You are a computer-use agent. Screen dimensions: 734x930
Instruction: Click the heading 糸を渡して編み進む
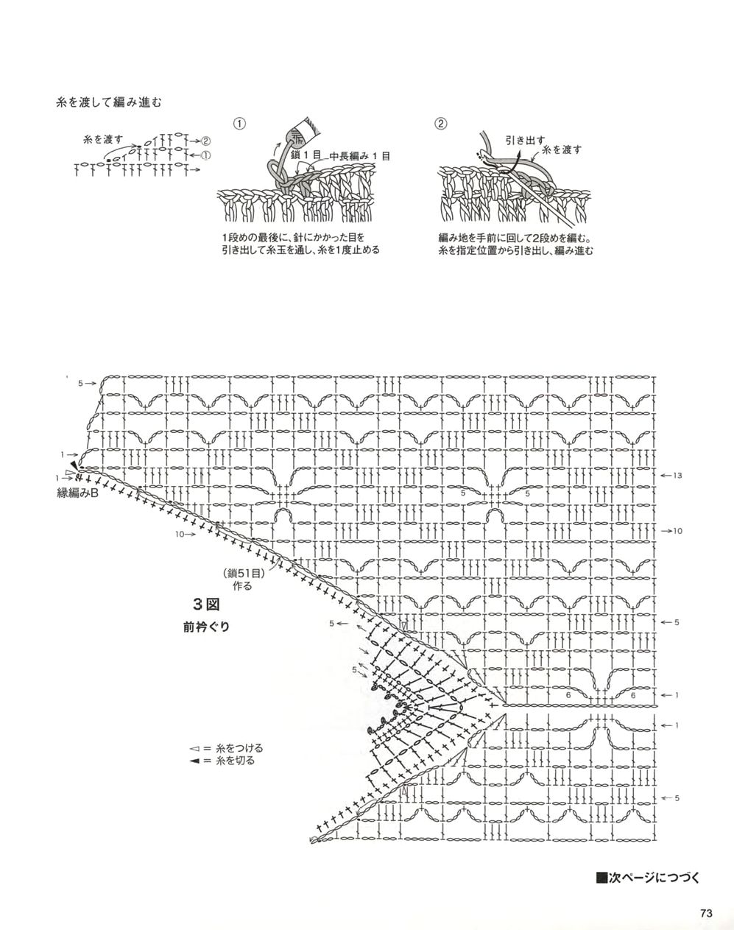(x=108, y=102)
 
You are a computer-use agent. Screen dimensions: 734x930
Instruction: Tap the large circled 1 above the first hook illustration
(x=239, y=124)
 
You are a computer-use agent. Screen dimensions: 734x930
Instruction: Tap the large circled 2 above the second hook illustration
(x=441, y=124)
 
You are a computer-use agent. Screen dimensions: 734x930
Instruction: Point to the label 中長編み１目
(x=359, y=156)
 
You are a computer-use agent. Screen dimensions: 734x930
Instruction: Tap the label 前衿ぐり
(x=206, y=627)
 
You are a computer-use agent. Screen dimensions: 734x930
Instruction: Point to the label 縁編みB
(x=78, y=493)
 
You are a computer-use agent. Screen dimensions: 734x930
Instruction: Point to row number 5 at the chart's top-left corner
(x=80, y=384)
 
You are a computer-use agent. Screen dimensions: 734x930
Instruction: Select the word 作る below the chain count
(x=242, y=586)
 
